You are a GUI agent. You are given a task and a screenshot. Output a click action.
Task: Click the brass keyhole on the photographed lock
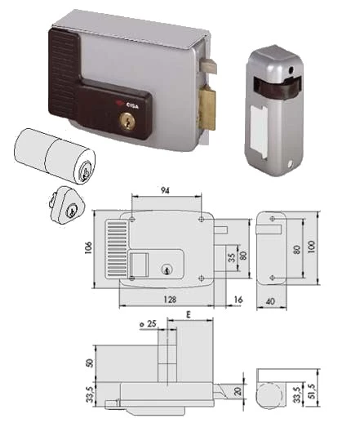click(x=126, y=120)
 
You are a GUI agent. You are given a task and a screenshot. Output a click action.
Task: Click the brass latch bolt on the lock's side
click(x=207, y=107)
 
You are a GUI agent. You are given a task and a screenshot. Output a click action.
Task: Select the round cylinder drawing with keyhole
click(x=55, y=156)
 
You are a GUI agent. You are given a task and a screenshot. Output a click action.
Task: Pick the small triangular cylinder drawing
click(x=66, y=205)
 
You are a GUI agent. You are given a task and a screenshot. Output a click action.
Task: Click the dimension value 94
click(x=165, y=190)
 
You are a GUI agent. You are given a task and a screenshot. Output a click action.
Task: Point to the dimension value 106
click(x=89, y=247)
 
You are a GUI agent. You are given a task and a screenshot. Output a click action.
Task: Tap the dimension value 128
click(x=170, y=300)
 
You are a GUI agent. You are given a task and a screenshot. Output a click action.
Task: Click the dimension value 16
click(x=238, y=300)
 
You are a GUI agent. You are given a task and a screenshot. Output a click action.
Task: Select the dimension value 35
click(x=231, y=258)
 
